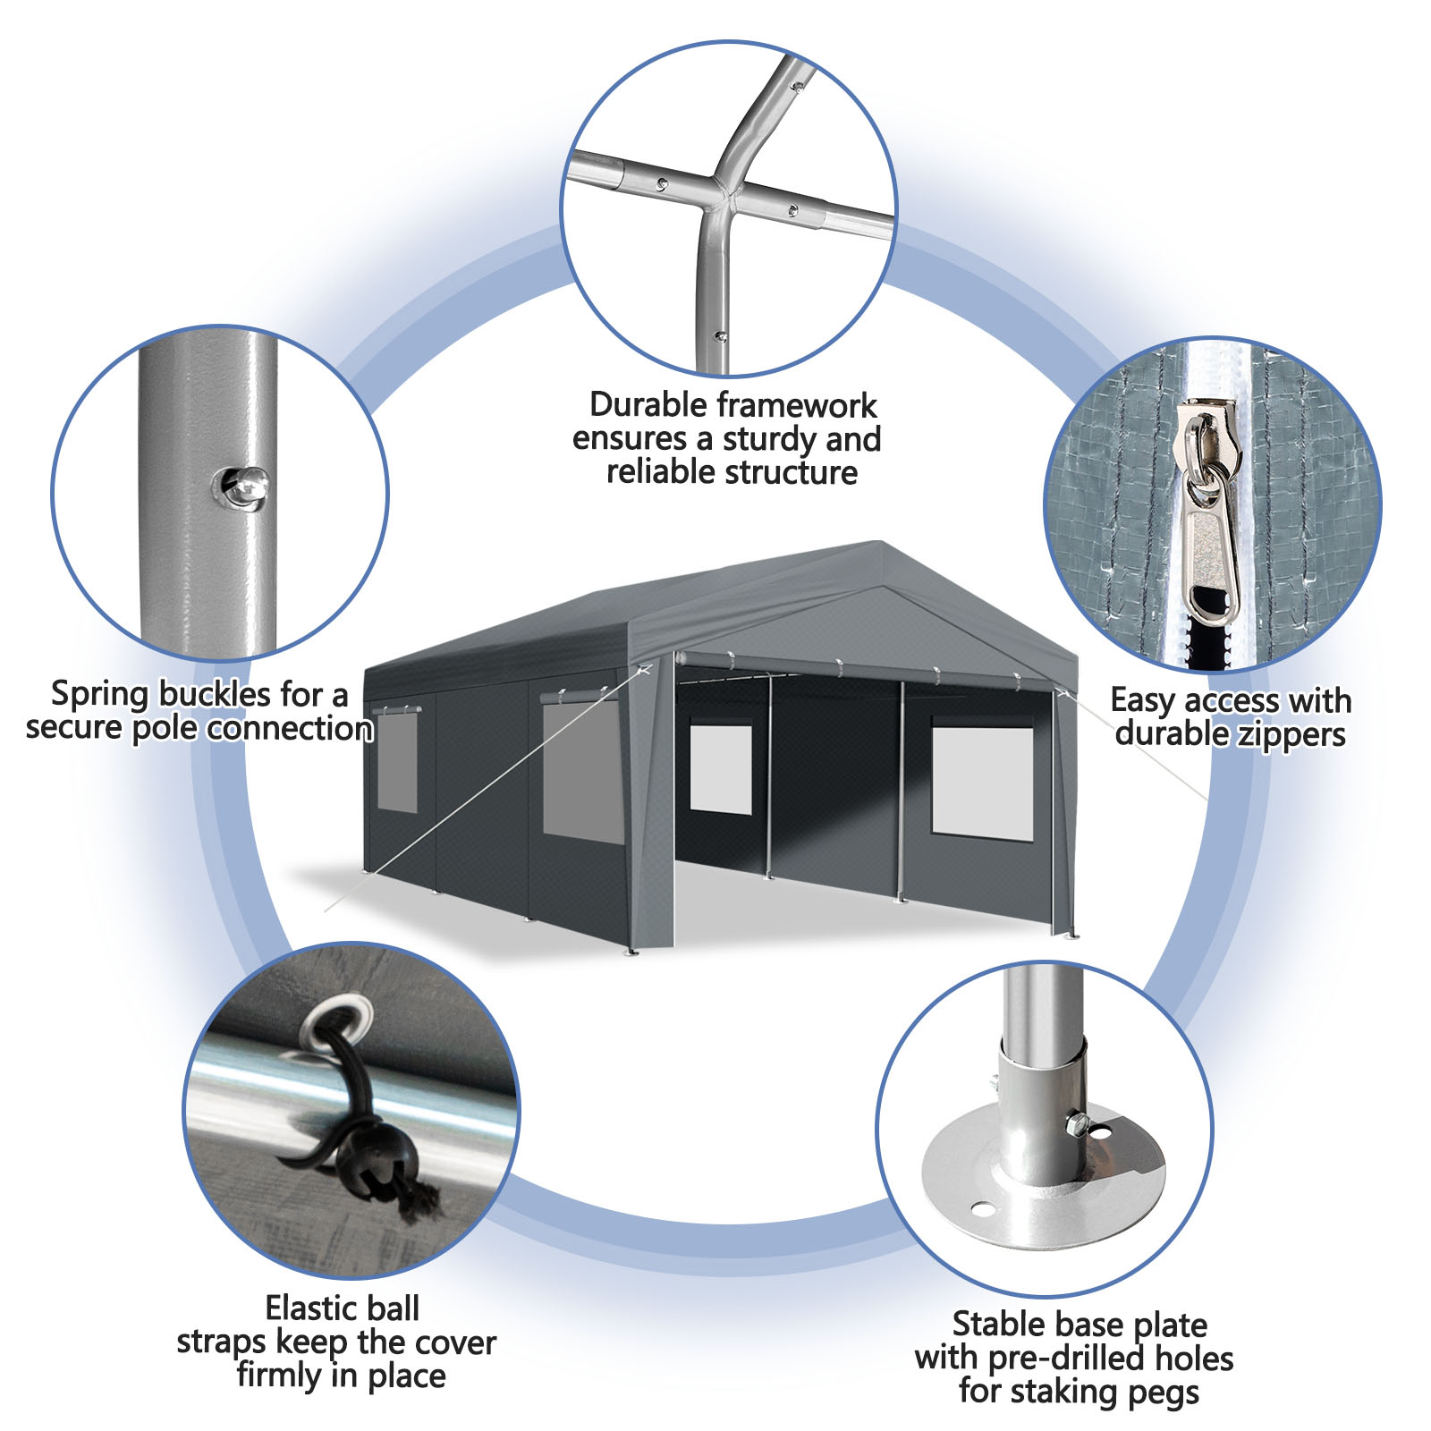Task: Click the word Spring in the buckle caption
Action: pyautogui.click(x=97, y=695)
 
